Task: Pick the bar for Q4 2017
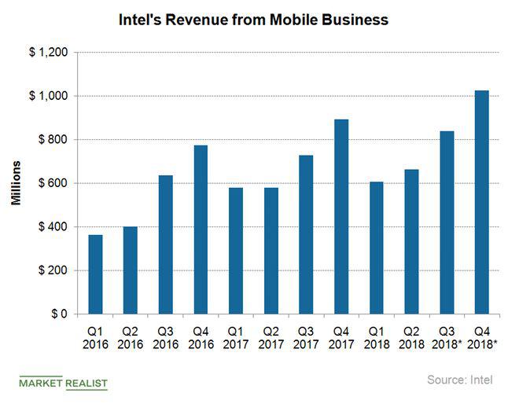[341, 216]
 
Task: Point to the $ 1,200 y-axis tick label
[47, 53]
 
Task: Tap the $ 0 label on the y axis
[57, 314]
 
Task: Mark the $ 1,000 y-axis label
[47, 96]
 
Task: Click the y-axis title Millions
[16, 183]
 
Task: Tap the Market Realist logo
[63, 383]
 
